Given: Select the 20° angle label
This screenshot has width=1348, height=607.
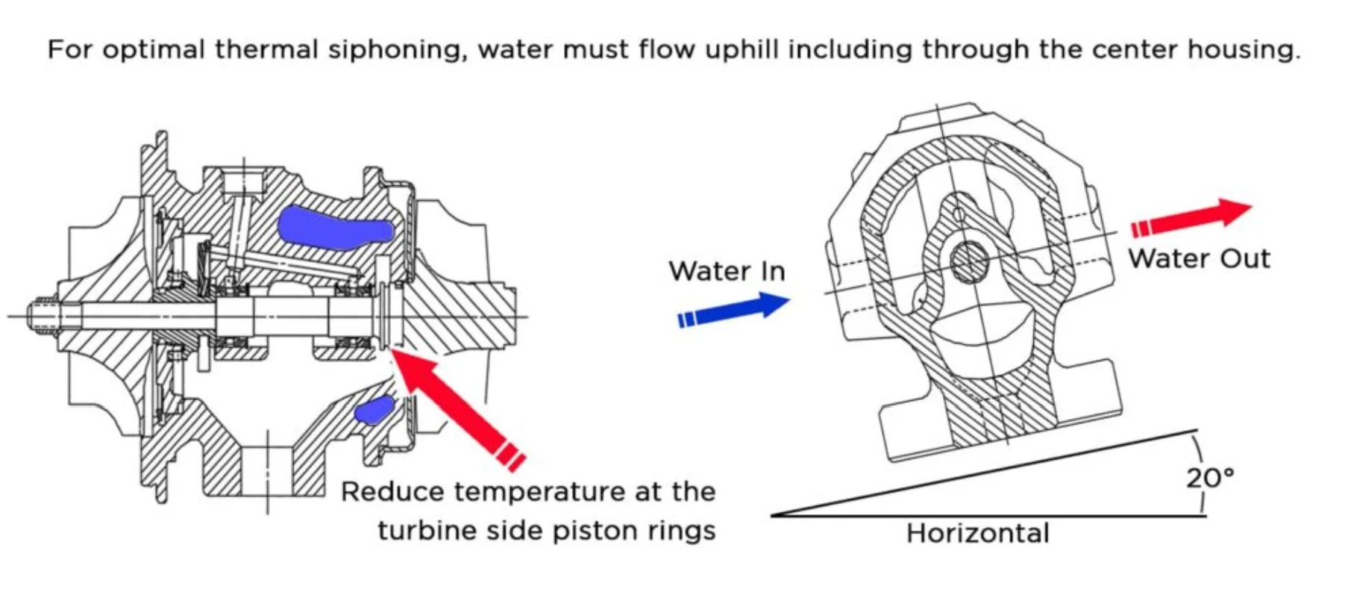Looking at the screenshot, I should click(1209, 478).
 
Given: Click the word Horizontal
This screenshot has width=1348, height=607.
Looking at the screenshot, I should click(977, 533).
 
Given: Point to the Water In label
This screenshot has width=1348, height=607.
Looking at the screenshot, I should click(727, 271).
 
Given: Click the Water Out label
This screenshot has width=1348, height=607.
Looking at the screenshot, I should click(1198, 259).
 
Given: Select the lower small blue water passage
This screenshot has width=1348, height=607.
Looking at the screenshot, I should click(374, 410).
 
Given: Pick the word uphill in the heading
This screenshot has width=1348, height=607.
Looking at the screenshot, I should click(742, 50).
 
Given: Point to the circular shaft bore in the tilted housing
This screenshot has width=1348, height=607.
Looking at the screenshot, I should click(969, 262).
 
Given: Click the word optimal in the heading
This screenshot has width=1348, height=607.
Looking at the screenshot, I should click(153, 50).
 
